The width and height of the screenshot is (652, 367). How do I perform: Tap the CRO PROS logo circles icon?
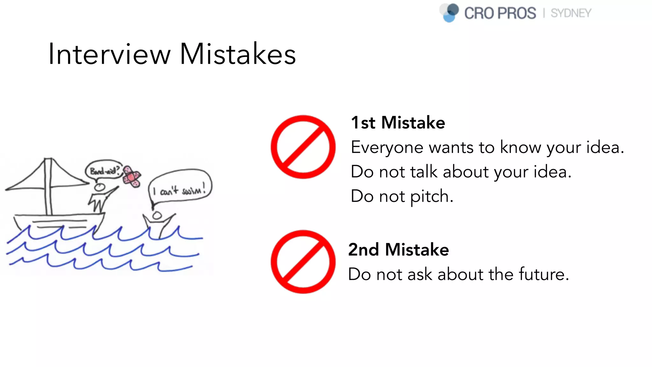point(450,13)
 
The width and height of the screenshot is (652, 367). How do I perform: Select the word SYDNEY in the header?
point(571,13)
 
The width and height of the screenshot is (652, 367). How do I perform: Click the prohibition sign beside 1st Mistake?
point(303,147)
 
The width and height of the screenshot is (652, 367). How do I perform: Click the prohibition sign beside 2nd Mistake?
point(303,262)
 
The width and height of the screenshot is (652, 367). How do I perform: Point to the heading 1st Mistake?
point(398,123)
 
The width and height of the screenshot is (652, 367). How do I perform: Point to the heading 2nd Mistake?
point(399,249)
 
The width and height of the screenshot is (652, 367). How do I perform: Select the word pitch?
point(431,197)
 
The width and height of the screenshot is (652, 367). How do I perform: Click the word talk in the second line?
point(424,172)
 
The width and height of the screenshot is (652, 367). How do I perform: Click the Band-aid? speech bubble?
point(104,171)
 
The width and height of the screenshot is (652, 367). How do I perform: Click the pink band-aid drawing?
point(132,176)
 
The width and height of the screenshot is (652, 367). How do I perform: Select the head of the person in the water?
point(157,216)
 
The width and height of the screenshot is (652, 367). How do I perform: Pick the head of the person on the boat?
point(100,187)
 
